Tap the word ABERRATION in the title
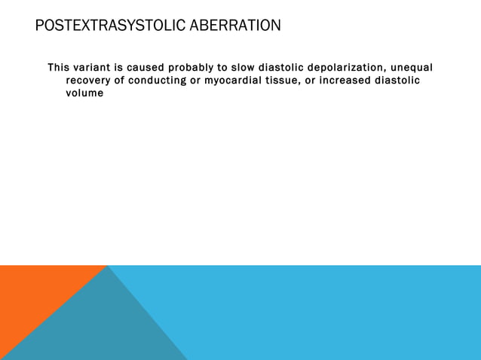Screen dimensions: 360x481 pos(235,26)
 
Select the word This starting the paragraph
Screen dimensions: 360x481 pos(60,68)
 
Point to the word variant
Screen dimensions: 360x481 pos(97,68)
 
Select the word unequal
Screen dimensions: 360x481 pos(410,69)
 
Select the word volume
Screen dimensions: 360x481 pos(84,94)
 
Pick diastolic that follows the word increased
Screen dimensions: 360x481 pos(397,81)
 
